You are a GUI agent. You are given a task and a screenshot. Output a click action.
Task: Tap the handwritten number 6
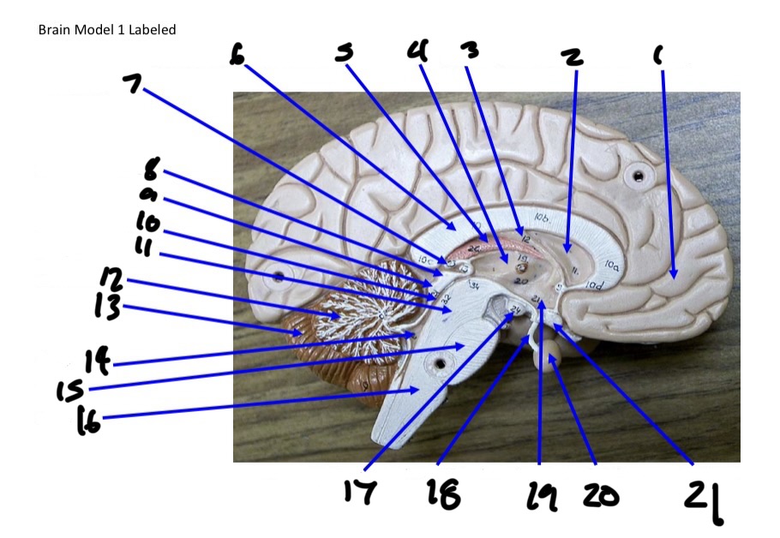(x=237, y=55)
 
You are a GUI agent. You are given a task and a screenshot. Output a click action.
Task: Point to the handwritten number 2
(x=572, y=57)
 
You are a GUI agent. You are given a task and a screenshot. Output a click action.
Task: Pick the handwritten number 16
(x=88, y=420)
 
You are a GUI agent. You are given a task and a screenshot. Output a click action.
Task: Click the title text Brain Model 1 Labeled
(x=107, y=30)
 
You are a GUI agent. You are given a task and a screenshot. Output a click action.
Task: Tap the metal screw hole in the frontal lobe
(x=638, y=177)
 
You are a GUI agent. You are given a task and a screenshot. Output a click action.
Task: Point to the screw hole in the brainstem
(x=440, y=363)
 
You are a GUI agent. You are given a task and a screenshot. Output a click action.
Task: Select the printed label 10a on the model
(x=613, y=266)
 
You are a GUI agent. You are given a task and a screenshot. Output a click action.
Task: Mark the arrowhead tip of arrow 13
(x=295, y=332)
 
